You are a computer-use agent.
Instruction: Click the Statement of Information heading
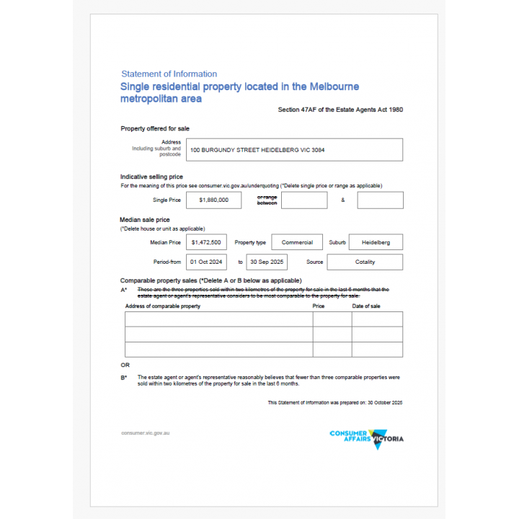[169, 74]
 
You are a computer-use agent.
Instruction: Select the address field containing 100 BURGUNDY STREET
[294, 150]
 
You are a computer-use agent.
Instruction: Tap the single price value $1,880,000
[213, 200]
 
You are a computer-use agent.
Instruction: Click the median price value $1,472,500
[205, 242]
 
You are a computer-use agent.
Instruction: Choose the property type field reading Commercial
[297, 242]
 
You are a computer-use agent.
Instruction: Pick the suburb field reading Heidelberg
[376, 242]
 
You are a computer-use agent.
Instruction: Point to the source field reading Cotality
[365, 262]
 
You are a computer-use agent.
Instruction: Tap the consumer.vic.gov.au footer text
[146, 433]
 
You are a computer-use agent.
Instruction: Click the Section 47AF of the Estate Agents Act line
[340, 110]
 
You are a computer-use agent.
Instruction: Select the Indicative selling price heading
[151, 177]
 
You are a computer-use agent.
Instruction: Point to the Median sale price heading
[145, 219]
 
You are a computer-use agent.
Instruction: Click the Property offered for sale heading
[154, 128]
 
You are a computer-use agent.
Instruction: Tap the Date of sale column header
[366, 306]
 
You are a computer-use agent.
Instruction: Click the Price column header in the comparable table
[319, 306]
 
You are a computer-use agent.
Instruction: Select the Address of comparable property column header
[163, 306]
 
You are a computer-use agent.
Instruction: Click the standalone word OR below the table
[125, 365]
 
